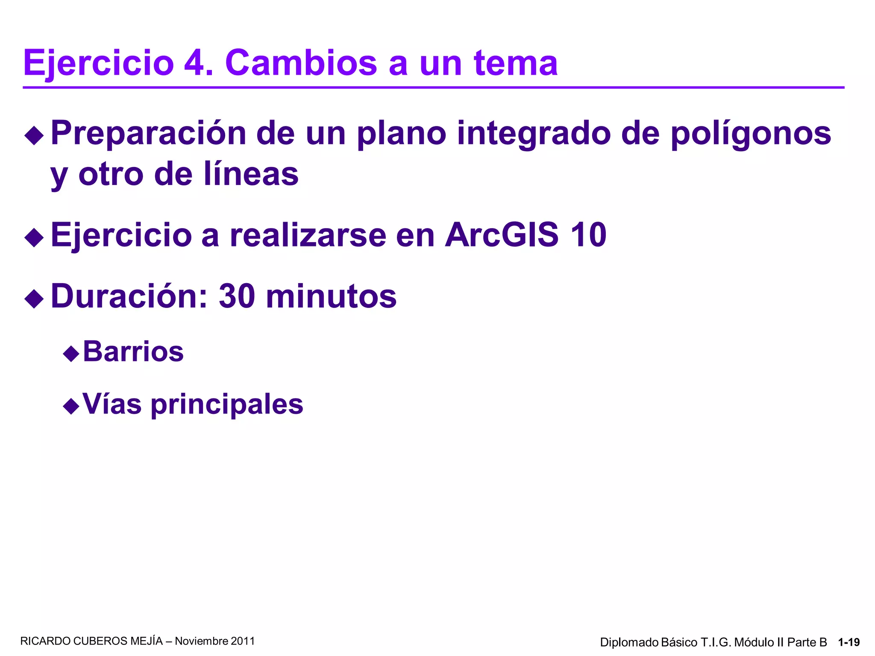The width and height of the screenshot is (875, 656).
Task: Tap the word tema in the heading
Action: point(515,63)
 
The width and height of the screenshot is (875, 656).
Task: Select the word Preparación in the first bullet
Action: point(149,133)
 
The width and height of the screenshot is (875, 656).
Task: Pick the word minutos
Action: point(331,296)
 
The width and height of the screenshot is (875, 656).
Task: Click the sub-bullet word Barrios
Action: point(133,351)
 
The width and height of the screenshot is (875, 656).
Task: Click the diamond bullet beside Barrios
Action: point(71,354)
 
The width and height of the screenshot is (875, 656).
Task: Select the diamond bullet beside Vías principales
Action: point(71,406)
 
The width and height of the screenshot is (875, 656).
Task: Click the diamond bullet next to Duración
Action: point(34,299)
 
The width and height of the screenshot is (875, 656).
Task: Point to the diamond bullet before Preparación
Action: point(34,136)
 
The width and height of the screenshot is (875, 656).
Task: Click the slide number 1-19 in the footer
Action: point(849,642)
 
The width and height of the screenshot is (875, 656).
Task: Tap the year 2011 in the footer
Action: point(243,641)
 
